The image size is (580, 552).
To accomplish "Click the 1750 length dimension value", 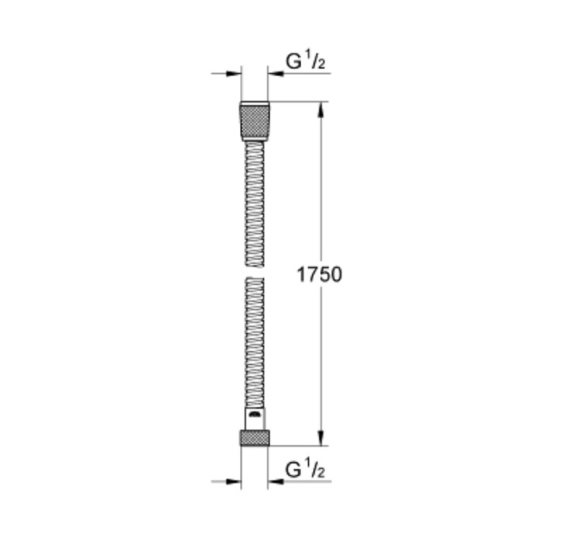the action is pyautogui.click(x=319, y=274).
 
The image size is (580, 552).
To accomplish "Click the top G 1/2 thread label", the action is pyautogui.click(x=305, y=61).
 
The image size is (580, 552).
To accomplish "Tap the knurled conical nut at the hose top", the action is pyautogui.click(x=254, y=121).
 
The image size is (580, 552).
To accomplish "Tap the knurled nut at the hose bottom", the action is pyautogui.click(x=254, y=438).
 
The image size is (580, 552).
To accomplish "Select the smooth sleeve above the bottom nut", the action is pyautogui.click(x=255, y=419).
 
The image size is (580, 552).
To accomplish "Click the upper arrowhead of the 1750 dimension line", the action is pyautogui.click(x=321, y=110).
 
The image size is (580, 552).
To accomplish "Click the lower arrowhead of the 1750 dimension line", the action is pyautogui.click(x=321, y=438).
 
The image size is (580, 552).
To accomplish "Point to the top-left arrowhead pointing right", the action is pyautogui.click(x=233, y=74).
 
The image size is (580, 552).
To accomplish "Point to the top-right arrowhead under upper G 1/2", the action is pyautogui.click(x=276, y=74).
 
